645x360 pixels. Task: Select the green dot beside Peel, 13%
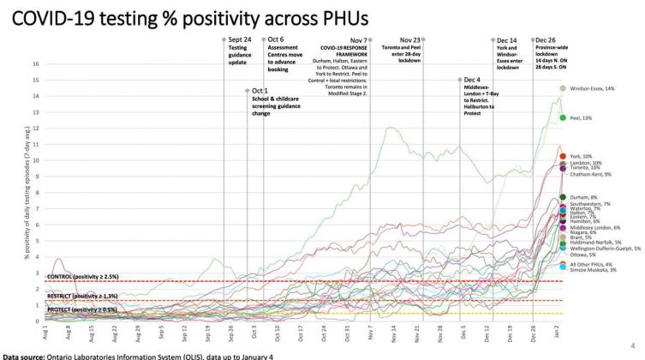click(563, 117)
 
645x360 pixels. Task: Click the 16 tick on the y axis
click(37, 63)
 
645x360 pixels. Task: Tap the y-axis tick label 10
click(37, 160)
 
